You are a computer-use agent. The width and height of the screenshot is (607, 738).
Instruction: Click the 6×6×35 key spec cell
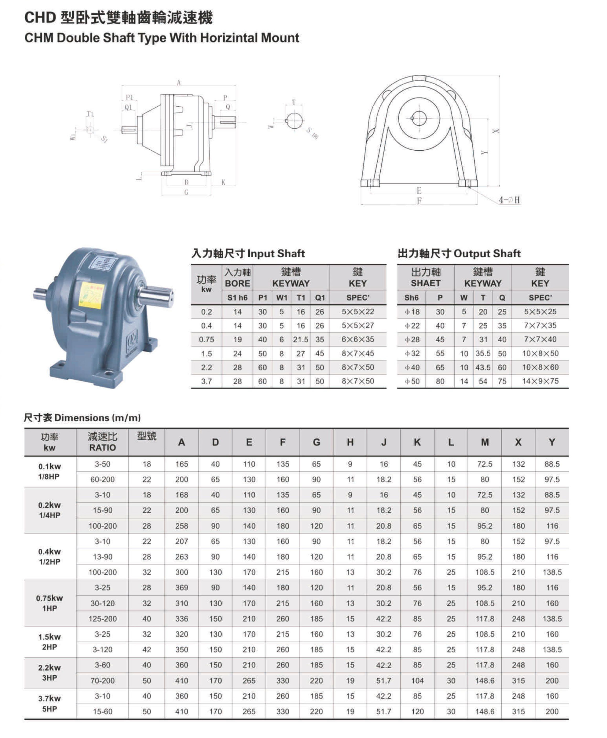coord(358,340)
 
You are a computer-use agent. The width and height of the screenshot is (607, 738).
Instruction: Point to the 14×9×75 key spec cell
coord(540,381)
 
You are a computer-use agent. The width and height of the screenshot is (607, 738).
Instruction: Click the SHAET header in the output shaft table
coord(425,283)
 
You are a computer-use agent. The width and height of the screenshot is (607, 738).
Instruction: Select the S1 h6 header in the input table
coord(237,298)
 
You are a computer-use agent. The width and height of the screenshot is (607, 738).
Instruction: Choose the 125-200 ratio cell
coord(102,619)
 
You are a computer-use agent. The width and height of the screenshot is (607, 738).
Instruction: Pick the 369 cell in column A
coord(182,588)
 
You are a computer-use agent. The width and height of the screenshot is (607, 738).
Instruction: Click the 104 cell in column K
coord(417,681)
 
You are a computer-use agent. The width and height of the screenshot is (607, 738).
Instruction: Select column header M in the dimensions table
coord(485,442)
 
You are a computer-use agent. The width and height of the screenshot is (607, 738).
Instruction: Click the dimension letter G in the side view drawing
coord(186,192)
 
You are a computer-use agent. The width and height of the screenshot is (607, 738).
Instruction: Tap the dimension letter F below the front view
coord(419,201)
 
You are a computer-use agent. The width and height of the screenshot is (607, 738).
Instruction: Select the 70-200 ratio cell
coord(102,681)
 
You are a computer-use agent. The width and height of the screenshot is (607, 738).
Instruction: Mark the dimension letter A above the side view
coord(179,83)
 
